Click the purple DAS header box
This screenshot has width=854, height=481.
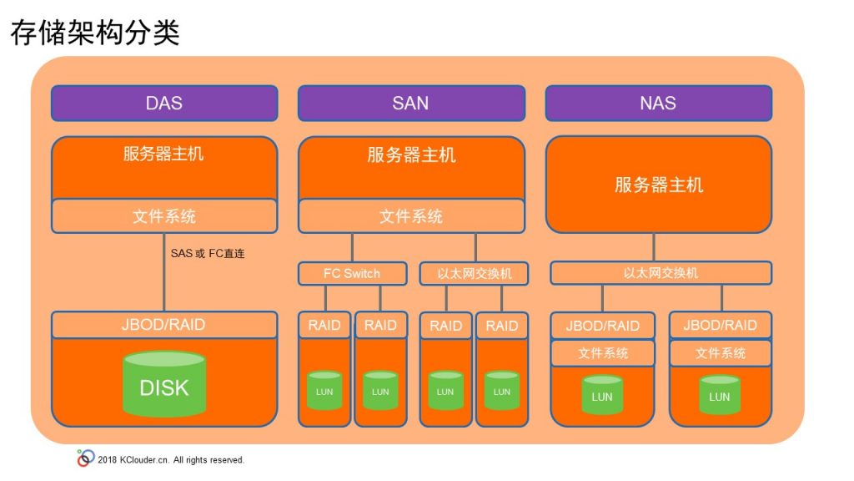(x=164, y=103)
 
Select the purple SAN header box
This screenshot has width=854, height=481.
(x=411, y=103)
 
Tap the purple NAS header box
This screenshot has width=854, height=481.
(x=659, y=103)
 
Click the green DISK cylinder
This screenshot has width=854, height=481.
(x=164, y=384)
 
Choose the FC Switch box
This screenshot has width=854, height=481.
(x=353, y=273)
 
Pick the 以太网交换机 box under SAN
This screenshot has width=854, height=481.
(x=474, y=273)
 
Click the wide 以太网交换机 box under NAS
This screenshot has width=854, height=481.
(x=661, y=273)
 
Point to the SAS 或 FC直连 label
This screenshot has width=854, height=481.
(x=208, y=254)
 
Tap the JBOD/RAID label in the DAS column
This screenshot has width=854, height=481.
(x=163, y=325)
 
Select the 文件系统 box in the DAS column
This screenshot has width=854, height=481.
(x=164, y=216)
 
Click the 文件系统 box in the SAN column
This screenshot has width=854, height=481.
(x=411, y=216)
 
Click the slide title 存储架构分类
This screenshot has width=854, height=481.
(x=95, y=33)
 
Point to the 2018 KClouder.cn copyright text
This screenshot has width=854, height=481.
(x=171, y=460)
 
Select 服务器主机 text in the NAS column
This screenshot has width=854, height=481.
(x=659, y=185)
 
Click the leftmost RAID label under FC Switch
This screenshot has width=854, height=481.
(x=324, y=326)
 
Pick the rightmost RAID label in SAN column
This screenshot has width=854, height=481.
(x=502, y=327)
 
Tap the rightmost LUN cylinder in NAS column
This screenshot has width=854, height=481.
(x=720, y=395)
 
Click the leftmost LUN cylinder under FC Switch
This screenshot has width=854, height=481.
(x=324, y=391)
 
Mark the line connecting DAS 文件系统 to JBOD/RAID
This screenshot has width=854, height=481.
(x=164, y=273)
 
